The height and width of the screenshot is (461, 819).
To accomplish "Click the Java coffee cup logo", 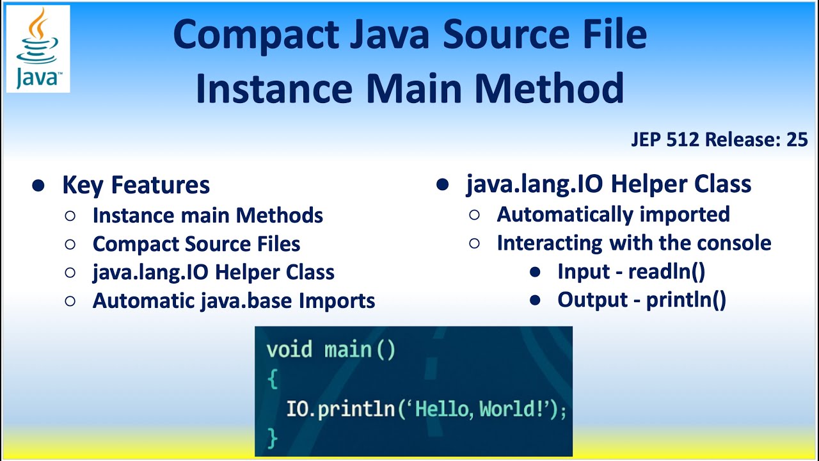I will [38, 49].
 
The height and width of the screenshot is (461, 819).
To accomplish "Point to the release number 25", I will [797, 140].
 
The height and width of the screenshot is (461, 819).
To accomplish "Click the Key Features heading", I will [136, 185].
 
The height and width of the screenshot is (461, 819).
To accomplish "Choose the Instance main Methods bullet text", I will [207, 215].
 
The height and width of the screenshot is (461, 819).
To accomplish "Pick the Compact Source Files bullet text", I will [196, 244].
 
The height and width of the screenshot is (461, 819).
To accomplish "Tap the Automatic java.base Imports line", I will [234, 300].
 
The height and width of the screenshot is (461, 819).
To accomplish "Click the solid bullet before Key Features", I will [39, 186].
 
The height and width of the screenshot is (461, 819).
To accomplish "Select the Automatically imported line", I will [613, 214].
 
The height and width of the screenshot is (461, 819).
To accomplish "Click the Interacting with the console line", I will [633, 243].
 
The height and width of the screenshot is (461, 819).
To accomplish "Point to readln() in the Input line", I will [666, 271].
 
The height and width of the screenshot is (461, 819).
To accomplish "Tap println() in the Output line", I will [686, 300].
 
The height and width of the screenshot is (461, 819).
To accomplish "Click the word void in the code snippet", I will [289, 350].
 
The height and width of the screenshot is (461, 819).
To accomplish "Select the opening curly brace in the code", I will [273, 379].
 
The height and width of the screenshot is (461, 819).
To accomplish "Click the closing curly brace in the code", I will [273, 438].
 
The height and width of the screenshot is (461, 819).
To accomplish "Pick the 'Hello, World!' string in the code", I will [480, 409].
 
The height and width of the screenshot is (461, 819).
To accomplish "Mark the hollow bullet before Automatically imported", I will [475, 214].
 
